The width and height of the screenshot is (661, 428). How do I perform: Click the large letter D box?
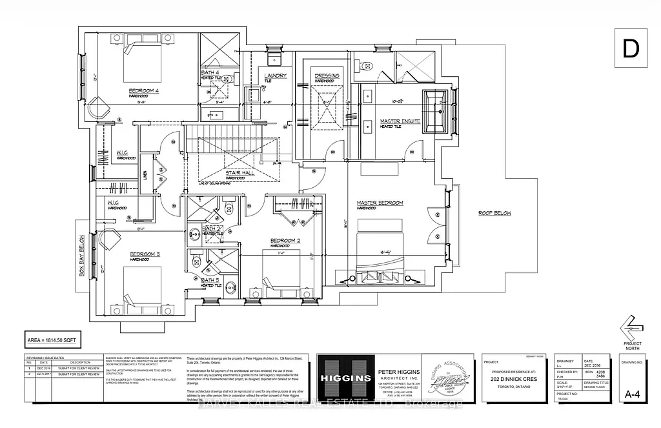(631, 48)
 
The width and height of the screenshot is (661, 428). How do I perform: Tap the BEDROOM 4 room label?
(144, 91)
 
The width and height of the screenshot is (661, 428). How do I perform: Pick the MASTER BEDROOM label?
(380, 203)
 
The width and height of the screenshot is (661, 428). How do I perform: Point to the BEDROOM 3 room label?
(145, 255)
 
